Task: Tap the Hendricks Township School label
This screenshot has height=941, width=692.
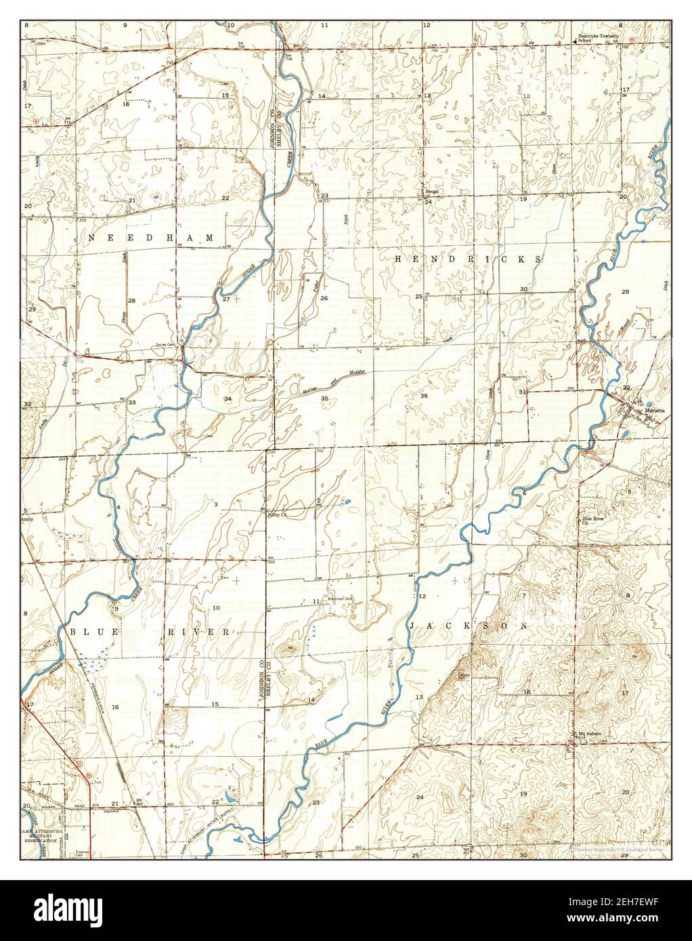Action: [x=594, y=38]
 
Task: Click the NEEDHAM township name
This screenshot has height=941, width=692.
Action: [x=152, y=238]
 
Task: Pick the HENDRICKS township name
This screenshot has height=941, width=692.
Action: [x=468, y=259]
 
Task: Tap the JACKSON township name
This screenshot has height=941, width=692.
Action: [x=468, y=627]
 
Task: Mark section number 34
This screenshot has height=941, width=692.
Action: [x=228, y=399]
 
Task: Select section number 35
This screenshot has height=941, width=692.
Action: [x=324, y=399]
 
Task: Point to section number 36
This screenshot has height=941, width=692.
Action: [x=424, y=395]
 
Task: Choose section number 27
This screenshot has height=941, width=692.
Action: [x=226, y=299]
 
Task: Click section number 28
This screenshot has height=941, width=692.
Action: [x=132, y=301]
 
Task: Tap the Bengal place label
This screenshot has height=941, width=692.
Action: [x=432, y=192]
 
